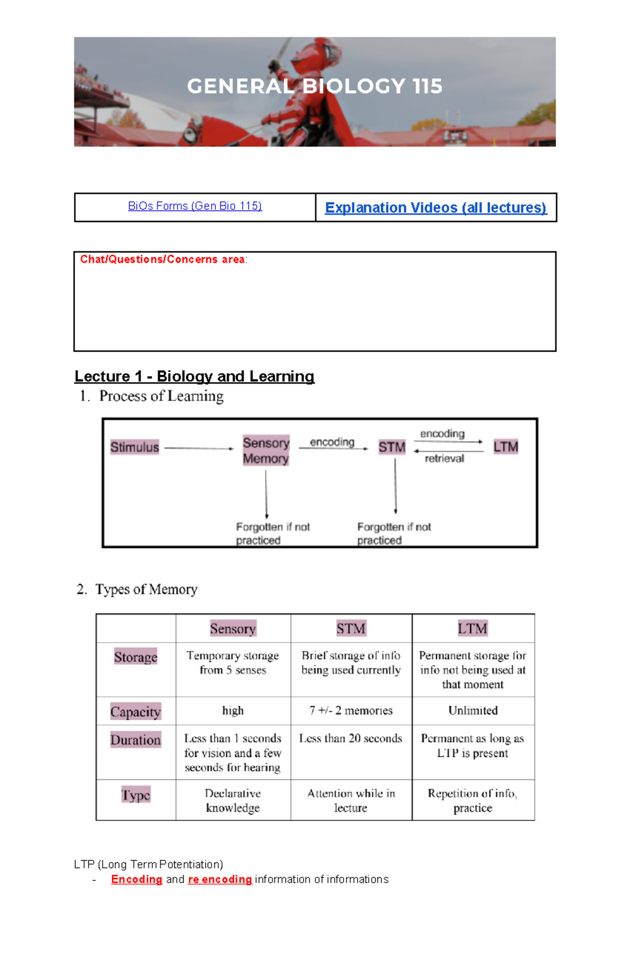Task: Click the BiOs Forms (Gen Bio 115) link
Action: click(x=195, y=206)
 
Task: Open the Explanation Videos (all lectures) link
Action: click(x=436, y=208)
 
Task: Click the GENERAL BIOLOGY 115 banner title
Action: click(x=314, y=86)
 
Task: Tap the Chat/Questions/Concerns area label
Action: click(x=163, y=259)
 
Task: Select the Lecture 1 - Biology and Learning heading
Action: click(x=194, y=376)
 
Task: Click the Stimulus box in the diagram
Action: click(x=134, y=447)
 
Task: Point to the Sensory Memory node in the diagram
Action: click(x=266, y=450)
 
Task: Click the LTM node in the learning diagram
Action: click(x=506, y=447)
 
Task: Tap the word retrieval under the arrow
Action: click(x=444, y=459)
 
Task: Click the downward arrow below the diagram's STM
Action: click(x=395, y=485)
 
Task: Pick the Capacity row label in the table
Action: click(x=135, y=712)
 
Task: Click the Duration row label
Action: click(x=135, y=739)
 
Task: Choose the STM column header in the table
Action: click(x=351, y=628)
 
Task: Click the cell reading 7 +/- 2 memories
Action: click(x=351, y=711)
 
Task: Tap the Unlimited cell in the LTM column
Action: click(x=473, y=711)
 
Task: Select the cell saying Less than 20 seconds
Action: click(x=351, y=738)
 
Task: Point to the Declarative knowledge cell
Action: click(x=233, y=800)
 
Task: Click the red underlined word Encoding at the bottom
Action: click(x=136, y=880)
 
